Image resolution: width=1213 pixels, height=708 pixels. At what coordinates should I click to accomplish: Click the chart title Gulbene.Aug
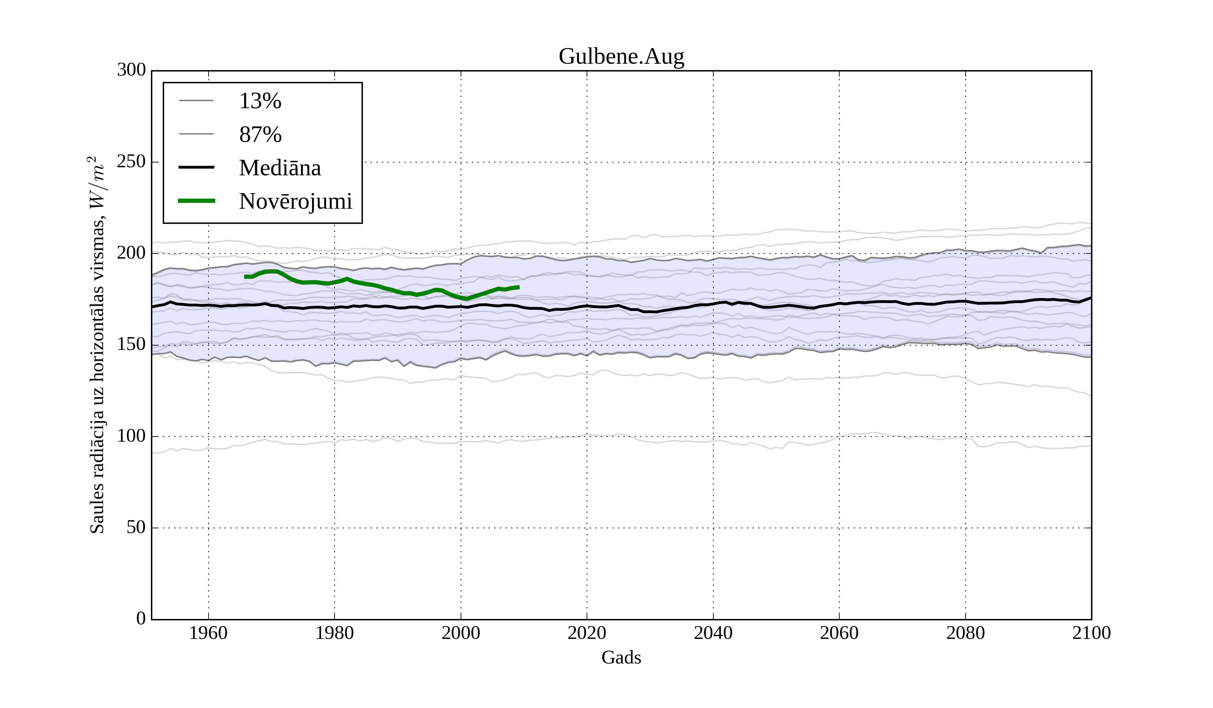(x=621, y=57)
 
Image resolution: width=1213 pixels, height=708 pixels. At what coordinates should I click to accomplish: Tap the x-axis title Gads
(x=621, y=657)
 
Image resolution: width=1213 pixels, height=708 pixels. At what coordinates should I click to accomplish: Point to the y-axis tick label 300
(x=131, y=70)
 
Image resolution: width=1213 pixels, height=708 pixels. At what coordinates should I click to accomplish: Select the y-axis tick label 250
(x=131, y=162)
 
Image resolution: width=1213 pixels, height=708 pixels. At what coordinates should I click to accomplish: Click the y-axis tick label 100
(x=131, y=436)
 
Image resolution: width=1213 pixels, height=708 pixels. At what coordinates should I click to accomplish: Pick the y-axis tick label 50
(x=136, y=527)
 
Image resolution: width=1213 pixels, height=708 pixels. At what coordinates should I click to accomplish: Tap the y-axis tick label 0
(x=141, y=618)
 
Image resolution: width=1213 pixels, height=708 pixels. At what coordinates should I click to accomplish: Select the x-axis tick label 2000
(x=461, y=633)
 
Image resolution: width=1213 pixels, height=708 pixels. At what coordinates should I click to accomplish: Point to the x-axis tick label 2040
(x=713, y=633)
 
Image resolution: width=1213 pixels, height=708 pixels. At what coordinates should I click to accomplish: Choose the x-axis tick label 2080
(x=965, y=633)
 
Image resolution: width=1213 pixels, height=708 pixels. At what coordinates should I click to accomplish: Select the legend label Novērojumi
(x=296, y=201)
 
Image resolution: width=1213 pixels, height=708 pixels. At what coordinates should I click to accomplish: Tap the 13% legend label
(x=260, y=101)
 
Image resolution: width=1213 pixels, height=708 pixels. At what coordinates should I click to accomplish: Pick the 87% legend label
(x=260, y=135)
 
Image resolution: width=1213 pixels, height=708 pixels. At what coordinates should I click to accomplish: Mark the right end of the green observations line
(x=519, y=287)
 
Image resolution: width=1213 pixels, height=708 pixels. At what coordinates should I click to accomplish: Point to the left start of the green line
(x=246, y=277)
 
